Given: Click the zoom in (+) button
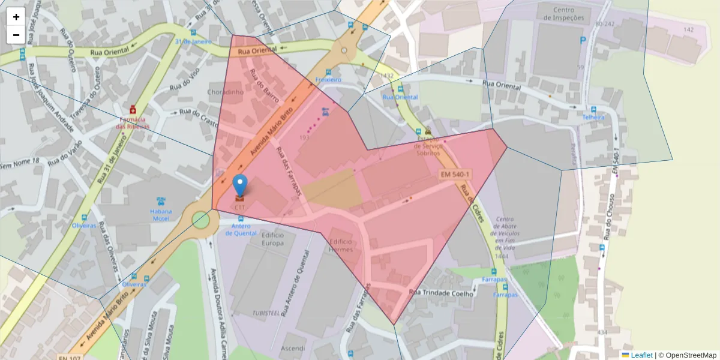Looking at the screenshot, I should [x=16, y=17].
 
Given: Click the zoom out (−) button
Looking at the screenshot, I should [x=16, y=35].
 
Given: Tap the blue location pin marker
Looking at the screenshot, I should [x=240, y=185].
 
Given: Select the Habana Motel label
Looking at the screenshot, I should [x=161, y=215].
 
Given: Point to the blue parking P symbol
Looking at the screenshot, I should [x=583, y=41].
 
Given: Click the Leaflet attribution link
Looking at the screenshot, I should [x=641, y=355].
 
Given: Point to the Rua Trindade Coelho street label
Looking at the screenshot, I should [x=442, y=292].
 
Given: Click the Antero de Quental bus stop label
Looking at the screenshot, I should [x=241, y=229].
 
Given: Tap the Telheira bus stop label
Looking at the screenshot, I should [x=592, y=118].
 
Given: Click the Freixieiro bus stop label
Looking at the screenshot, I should [x=328, y=79].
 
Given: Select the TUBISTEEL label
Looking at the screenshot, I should [x=266, y=314].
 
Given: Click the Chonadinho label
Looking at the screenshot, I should [x=225, y=92].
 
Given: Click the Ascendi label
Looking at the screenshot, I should [x=292, y=348].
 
